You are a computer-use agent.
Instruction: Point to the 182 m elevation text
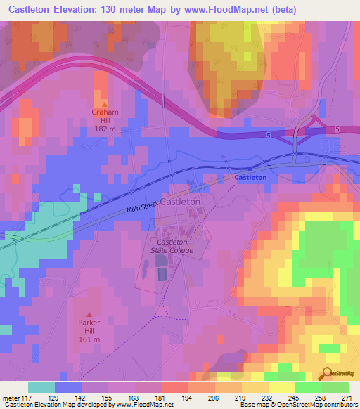105,129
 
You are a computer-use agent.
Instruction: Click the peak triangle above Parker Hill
89,314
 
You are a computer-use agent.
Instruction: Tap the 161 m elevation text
89,341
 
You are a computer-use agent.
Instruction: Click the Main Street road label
142,205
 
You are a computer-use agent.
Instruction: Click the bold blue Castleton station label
250,178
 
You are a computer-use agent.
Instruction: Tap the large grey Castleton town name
181,202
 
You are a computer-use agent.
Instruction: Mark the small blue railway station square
250,169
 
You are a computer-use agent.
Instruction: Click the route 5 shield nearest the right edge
337,129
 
